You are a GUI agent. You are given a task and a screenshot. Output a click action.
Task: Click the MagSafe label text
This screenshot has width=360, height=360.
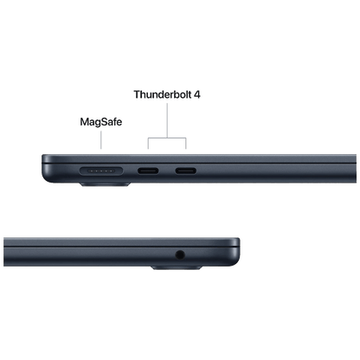(x=101, y=122)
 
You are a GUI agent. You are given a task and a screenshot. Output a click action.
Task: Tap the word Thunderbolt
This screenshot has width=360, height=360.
(x=163, y=94)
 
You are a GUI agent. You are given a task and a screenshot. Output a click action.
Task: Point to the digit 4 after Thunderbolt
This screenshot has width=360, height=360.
(x=197, y=94)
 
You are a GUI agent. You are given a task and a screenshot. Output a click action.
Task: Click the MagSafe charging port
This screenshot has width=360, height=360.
(x=101, y=171)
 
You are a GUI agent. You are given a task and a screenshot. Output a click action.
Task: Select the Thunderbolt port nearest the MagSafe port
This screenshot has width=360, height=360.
(x=148, y=170)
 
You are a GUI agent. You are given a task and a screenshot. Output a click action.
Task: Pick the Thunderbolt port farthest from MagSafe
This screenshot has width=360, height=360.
(x=186, y=170)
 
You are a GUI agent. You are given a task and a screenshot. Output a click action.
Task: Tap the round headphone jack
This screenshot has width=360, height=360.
(x=180, y=254)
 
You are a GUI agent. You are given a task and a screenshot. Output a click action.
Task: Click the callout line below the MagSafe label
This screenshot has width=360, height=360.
(x=101, y=140)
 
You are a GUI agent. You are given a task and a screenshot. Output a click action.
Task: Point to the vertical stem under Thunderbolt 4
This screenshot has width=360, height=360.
(x=167, y=120)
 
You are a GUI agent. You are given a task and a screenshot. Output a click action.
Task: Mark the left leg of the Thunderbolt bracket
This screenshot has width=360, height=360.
(x=148, y=144)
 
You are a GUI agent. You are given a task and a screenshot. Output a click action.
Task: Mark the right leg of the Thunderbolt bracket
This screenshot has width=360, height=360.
(x=186, y=144)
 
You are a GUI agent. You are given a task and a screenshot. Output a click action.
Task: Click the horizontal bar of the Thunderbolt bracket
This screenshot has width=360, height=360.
(x=167, y=138)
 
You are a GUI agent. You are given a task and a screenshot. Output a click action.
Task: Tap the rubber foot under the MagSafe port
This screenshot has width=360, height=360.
(x=105, y=184)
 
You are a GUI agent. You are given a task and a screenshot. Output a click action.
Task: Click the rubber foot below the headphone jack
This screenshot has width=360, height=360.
(x=177, y=268)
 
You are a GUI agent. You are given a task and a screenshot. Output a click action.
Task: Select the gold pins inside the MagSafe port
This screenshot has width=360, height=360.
(x=101, y=171)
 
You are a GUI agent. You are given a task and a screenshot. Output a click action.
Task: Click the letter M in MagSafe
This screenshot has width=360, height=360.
(x=85, y=121)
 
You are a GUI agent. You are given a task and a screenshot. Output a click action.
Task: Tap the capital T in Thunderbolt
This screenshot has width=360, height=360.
(x=138, y=94)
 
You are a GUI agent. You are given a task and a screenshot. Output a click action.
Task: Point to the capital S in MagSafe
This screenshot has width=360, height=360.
(x=103, y=121)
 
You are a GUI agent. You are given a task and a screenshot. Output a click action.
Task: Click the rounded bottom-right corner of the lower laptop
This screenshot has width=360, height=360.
(x=235, y=262)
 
